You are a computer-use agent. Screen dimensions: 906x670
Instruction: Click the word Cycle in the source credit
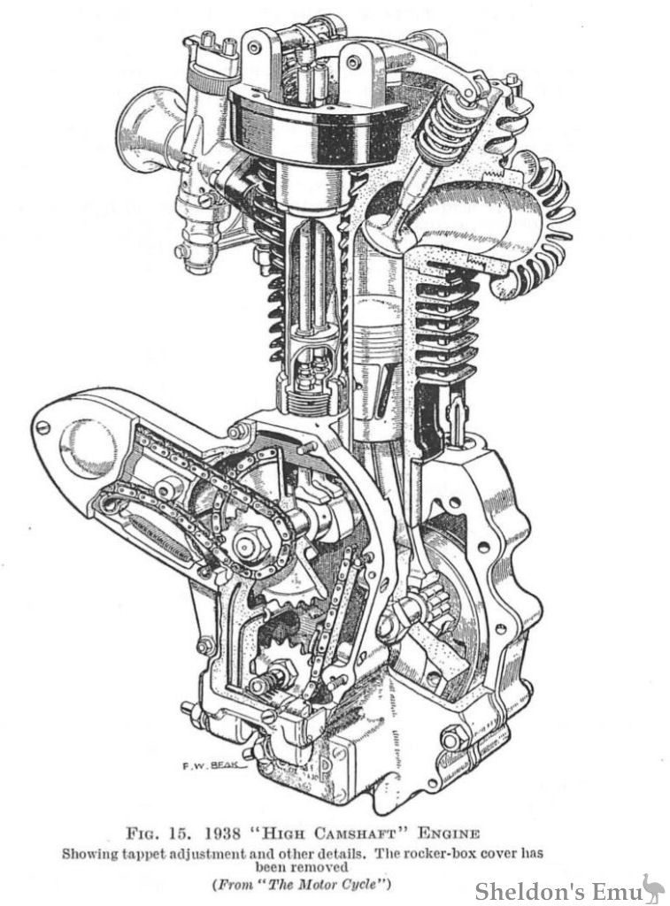tap(366, 885)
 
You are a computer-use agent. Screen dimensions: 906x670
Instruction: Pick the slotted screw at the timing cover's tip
tap(42, 428)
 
